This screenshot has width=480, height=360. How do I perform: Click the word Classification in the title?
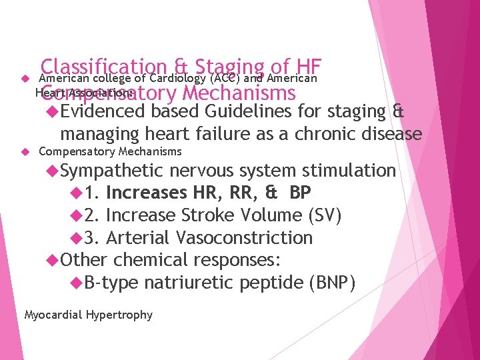(103, 67)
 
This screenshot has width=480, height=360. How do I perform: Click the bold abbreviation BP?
(301, 193)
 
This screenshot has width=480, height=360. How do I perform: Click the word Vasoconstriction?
(244, 238)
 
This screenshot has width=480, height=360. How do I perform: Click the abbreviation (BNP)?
(332, 283)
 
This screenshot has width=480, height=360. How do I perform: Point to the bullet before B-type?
(77, 283)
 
